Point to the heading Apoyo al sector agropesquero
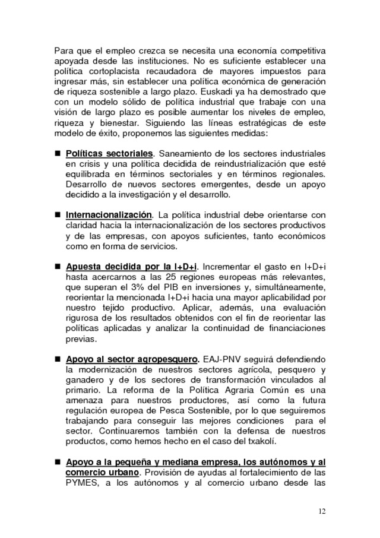point(131,359)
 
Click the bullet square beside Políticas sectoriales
point(58,154)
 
